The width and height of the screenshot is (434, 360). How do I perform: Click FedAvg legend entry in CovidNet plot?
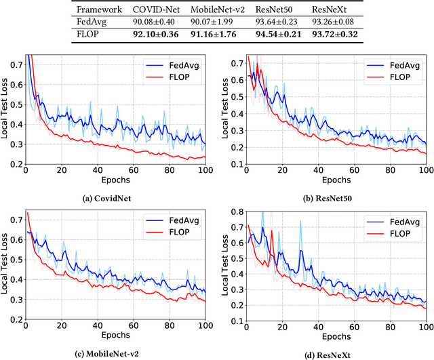pyautogui.click(x=175, y=66)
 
